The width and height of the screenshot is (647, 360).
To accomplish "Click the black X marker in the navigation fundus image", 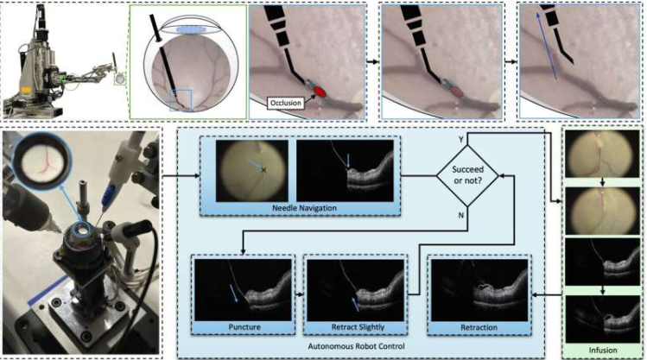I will [263, 170].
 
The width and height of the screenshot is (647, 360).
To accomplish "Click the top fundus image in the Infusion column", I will [600, 156].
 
